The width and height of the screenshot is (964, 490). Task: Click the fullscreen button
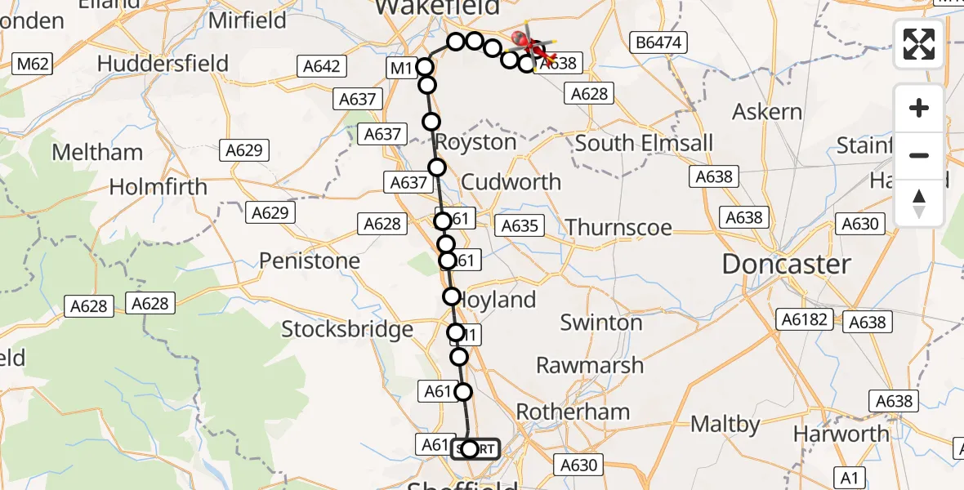[919, 44]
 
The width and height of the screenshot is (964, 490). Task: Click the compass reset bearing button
[919, 203]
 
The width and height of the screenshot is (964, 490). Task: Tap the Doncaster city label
[786, 265]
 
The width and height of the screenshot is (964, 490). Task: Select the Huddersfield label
[163, 64]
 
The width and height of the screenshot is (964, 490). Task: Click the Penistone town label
[310, 261]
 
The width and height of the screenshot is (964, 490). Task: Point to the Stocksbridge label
[347, 329]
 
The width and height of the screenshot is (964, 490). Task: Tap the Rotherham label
[573, 412]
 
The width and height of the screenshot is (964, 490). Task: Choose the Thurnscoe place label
[618, 227]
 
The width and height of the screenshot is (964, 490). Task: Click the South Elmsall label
[644, 144]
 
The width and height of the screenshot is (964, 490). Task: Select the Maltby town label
[725, 425]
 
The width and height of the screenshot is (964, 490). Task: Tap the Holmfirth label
[158, 187]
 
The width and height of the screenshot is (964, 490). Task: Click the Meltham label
[97, 153]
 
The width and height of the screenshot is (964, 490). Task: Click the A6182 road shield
[804, 319]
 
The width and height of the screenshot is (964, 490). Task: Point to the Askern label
[767, 112]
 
